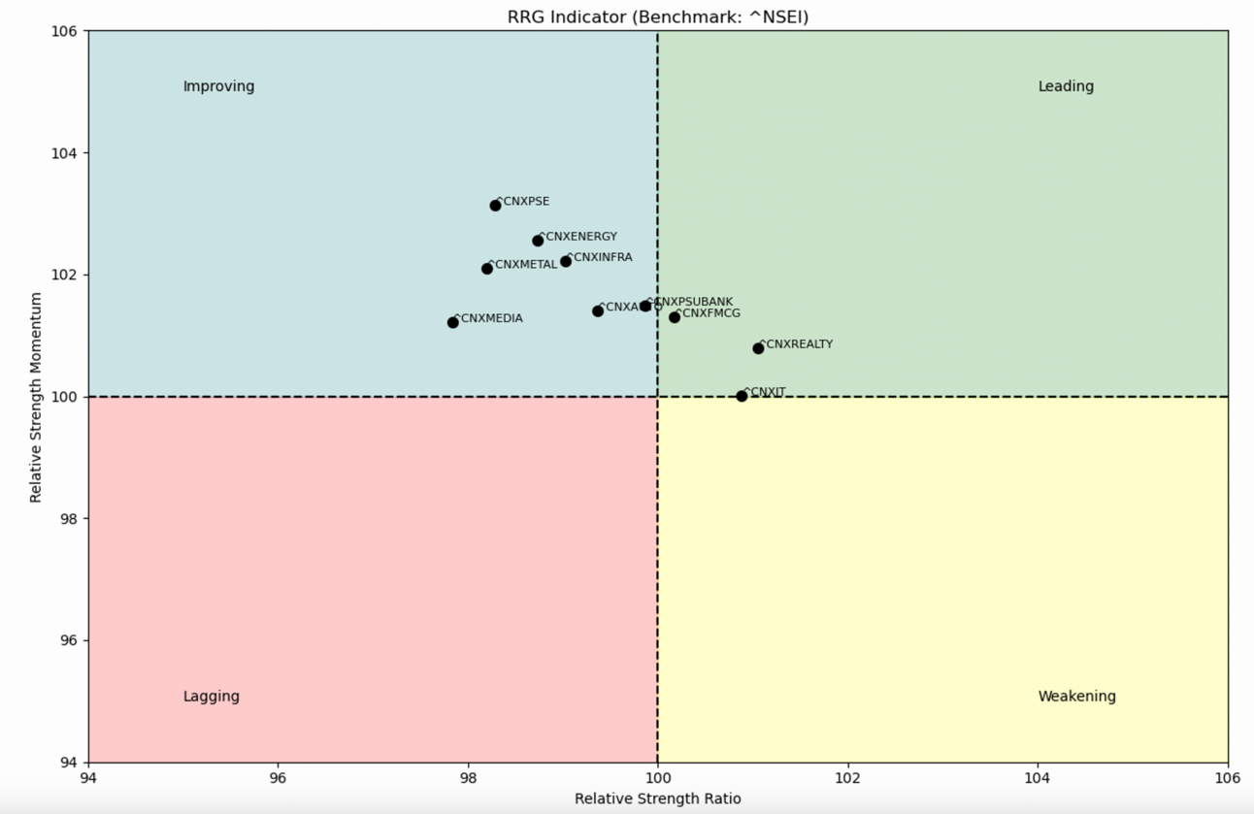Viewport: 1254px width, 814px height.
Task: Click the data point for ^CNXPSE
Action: coord(495,206)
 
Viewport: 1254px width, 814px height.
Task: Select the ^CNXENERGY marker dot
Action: coord(538,241)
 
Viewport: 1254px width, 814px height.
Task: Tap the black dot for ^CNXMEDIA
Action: coord(453,322)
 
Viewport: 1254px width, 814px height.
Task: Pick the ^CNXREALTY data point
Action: coord(758,348)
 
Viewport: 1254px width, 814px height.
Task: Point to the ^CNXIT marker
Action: coord(742,396)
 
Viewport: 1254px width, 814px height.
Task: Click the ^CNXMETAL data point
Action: coord(487,269)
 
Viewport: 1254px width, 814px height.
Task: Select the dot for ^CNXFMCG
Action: coord(675,317)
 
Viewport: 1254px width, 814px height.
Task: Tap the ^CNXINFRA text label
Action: coord(600,257)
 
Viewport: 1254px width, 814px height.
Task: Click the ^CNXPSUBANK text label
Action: coord(691,302)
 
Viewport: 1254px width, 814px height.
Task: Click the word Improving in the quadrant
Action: coord(218,86)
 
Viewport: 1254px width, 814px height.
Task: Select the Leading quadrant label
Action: coord(1066,86)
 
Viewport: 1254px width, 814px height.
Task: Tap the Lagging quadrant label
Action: coord(211,697)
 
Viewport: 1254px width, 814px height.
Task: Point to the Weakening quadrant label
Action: coord(1076,697)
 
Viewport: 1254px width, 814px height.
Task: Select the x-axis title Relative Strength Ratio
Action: coord(657,798)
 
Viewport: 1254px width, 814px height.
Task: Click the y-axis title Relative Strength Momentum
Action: coord(36,397)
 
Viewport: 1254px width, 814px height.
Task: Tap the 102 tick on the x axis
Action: coord(847,778)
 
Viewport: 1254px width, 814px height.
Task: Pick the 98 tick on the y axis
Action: coord(70,518)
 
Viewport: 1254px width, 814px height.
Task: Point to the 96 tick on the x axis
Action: coord(278,778)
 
